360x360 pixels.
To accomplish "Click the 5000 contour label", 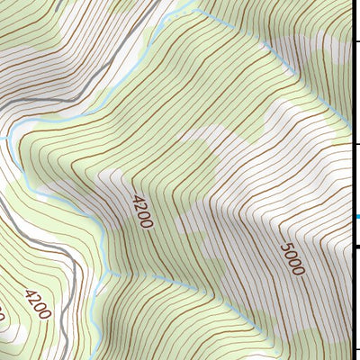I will (292, 258).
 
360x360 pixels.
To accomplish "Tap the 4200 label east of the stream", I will (142, 211).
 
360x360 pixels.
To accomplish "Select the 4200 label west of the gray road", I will (38, 304).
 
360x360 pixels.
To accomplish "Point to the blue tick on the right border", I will (356, 217).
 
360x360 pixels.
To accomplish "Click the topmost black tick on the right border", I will (356, 41).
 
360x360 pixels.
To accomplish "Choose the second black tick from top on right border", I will (356, 143).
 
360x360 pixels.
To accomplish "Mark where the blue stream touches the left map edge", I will (2, 138).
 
